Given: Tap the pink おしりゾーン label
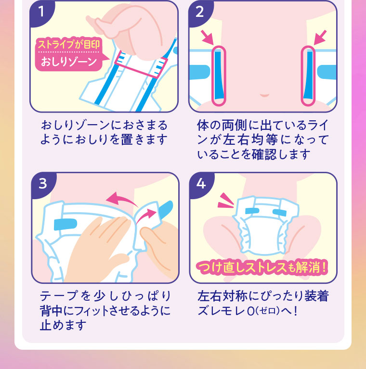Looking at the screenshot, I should coord(68,62).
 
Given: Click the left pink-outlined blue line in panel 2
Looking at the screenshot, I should coord(218,75).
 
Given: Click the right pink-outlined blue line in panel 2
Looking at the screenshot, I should coord(308,75).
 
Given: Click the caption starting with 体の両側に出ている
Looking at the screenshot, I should coord(262,140).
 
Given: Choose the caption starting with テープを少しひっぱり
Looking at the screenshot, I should coord(104,310).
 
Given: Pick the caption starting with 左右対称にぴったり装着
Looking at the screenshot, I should coord(262,303).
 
